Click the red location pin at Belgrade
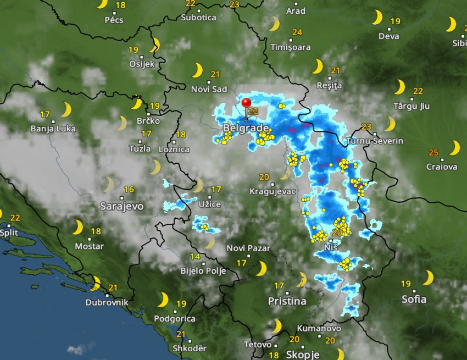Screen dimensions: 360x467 pos(246,104)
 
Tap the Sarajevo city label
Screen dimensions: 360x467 pos(121,206)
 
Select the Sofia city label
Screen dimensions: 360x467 pos(414,299)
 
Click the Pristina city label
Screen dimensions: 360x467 pos(287,301)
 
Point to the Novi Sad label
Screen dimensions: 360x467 pos(209,89)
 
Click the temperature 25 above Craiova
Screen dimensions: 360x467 pos(433,152)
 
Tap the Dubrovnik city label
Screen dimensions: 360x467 pos(107,302)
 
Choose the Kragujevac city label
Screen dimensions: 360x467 pos(273,191)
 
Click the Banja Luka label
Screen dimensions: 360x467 pos(53,129)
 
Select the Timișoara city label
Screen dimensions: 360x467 pos(291,47)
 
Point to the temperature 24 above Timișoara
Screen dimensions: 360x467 pos(297,32)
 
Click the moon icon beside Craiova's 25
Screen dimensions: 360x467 pos(454,148)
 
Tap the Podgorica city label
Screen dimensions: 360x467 pos(175,318)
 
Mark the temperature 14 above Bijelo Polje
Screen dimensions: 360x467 pos(195,257)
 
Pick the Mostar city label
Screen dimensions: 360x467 pos(89,246)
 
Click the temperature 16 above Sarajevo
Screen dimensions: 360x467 pos(129,190)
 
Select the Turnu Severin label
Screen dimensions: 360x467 pos(375,141)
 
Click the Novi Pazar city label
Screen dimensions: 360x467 pos(248,248)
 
